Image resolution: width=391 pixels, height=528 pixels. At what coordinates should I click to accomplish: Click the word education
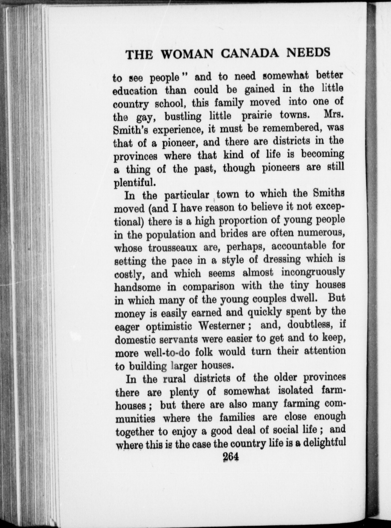pyautogui.click(x=135, y=91)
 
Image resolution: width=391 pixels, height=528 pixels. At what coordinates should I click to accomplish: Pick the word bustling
pyautogui.click(x=183, y=117)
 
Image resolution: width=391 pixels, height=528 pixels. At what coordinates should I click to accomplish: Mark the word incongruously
pyautogui.click(x=313, y=272)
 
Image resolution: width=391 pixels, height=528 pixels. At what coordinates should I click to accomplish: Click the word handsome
pyautogui.click(x=137, y=287)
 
